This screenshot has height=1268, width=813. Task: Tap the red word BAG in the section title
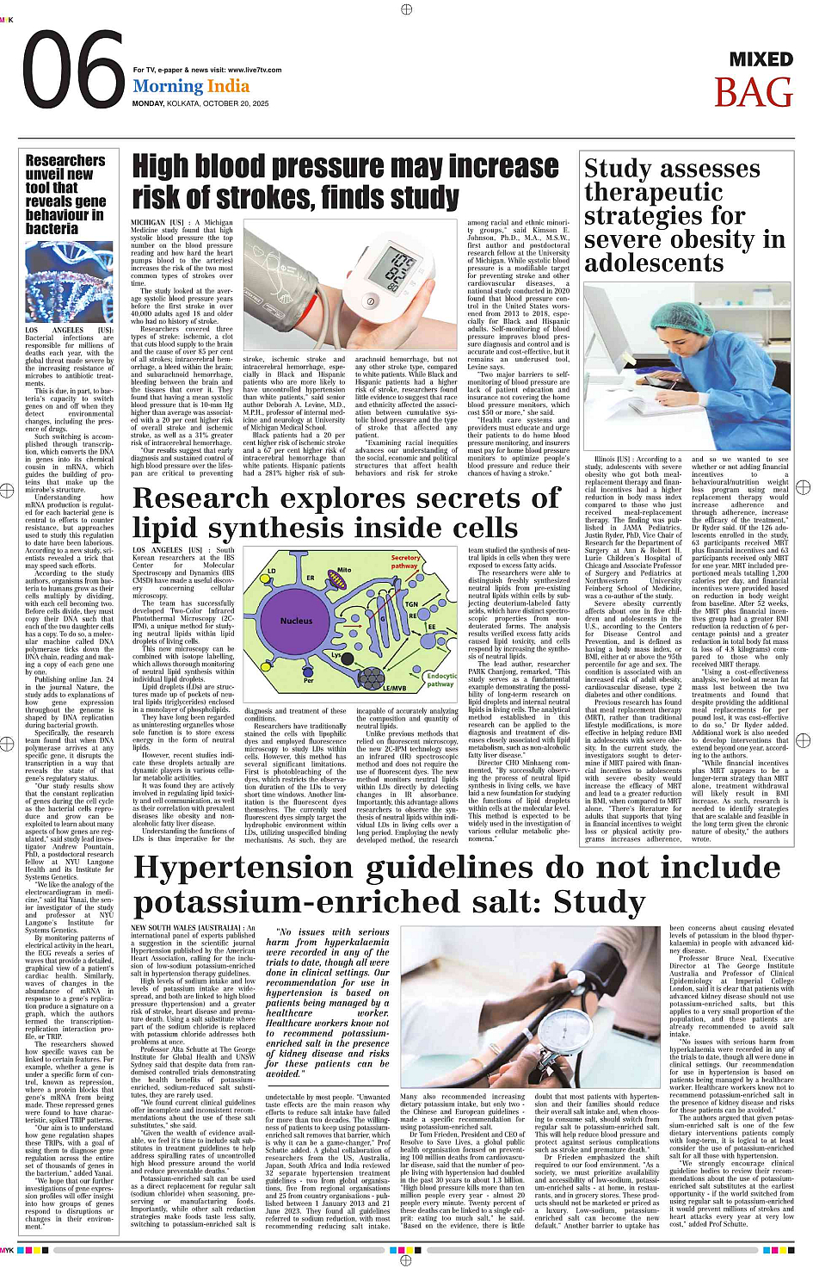pos(753,92)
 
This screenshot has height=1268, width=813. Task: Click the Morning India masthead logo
pos(191,86)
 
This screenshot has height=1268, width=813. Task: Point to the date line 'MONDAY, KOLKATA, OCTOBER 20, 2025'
pos(200,103)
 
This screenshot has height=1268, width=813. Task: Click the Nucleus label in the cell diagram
pos(296,620)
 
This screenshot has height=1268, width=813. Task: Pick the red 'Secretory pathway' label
pos(404,562)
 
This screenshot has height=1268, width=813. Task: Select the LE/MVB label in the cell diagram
pos(393,688)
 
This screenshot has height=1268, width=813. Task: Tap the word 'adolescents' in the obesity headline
pos(654,263)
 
